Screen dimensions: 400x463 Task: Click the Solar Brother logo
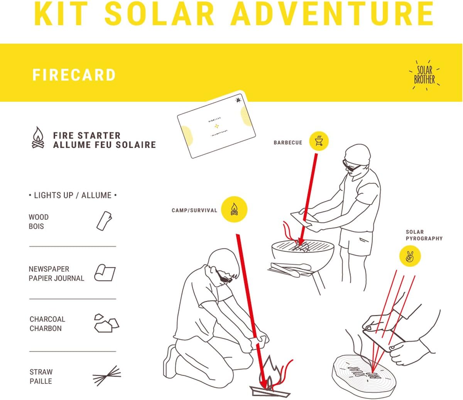[424, 75]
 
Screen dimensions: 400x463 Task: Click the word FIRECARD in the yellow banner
[74, 75]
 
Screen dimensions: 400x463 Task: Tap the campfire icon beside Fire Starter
[38, 138]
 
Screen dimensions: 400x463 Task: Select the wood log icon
[104, 221]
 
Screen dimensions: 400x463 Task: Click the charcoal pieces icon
[106, 323]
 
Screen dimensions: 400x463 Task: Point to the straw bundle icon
[107, 376]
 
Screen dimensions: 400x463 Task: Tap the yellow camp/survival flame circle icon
[234, 209]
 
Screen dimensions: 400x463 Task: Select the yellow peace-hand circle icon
[410, 256]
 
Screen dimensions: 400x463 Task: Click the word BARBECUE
[288, 143]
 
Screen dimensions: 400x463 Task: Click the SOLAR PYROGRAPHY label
[424, 235]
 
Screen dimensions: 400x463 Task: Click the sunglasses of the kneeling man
[223, 277]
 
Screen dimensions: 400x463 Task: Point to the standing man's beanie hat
[357, 154]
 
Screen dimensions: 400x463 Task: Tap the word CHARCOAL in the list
[47, 319]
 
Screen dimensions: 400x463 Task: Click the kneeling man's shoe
[170, 362]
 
